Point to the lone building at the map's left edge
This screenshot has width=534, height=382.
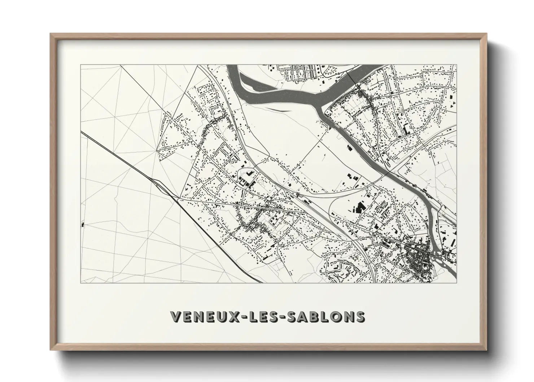83,225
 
